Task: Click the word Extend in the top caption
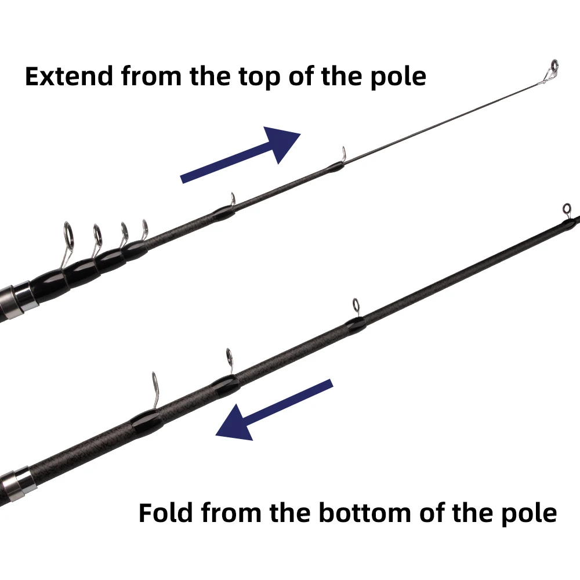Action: point(68,76)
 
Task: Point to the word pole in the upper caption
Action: point(398,78)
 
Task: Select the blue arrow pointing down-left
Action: point(274,410)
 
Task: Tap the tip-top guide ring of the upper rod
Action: point(554,66)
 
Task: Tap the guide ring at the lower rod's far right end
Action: point(567,209)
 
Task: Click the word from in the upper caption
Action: point(151,76)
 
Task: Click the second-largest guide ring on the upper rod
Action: point(97,235)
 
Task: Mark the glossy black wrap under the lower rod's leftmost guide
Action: point(147,421)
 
